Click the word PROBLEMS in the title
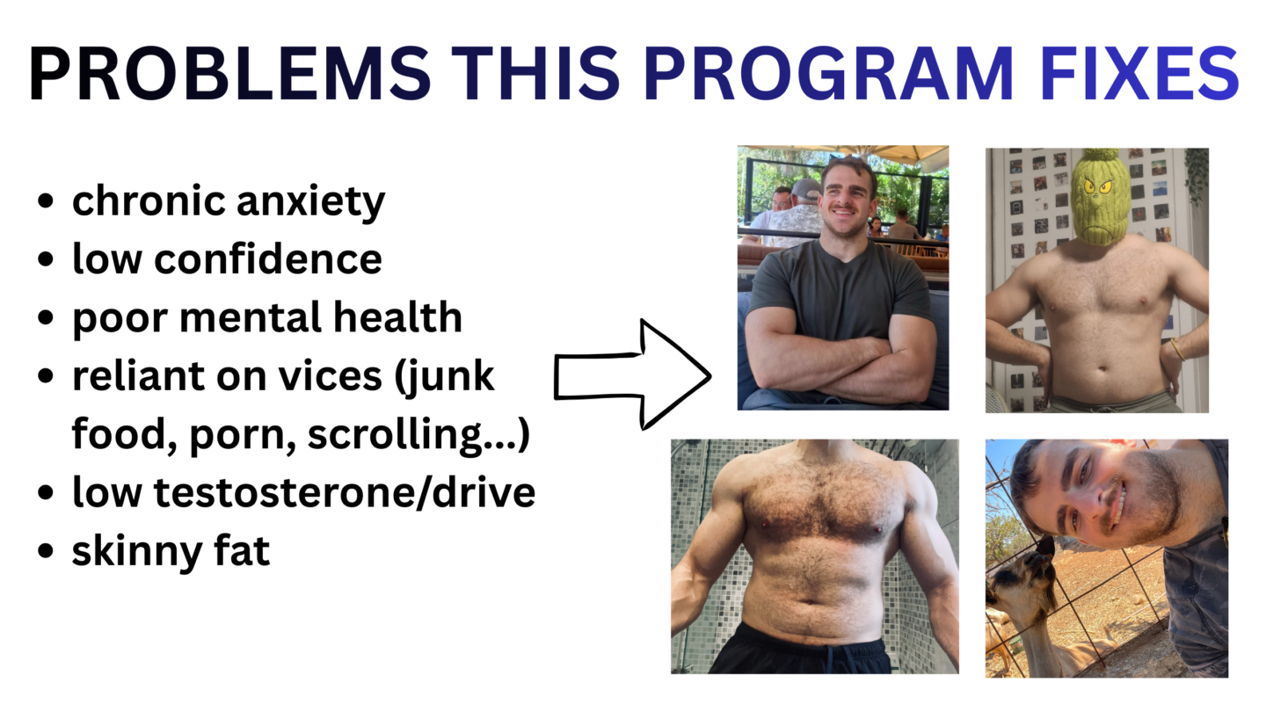tap(229, 74)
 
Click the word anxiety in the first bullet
tap(310, 202)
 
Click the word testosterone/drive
tap(345, 492)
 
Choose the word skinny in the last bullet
tap(137, 552)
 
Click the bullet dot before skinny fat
tap(45, 550)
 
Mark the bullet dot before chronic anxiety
tap(45, 201)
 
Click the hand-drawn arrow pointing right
tap(632, 374)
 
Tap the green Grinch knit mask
tap(1099, 198)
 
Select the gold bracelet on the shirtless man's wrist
tap(1178, 349)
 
